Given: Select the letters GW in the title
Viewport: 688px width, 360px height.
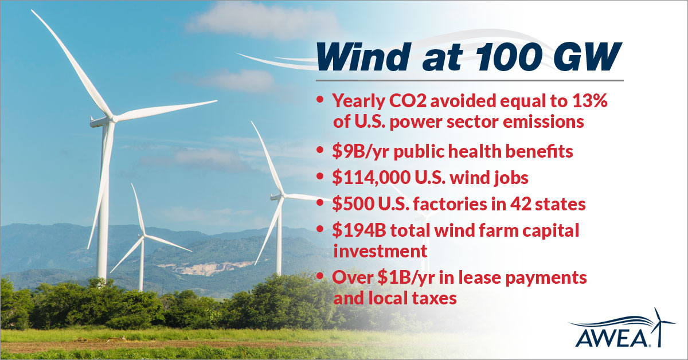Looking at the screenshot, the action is click(x=595, y=57).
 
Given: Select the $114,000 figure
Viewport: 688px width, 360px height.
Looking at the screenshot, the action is click(x=372, y=178).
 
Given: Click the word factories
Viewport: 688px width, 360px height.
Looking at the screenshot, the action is click(x=451, y=204).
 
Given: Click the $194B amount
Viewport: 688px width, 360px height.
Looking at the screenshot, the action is click(x=359, y=230).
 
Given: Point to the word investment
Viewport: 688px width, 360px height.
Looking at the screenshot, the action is click(x=380, y=251).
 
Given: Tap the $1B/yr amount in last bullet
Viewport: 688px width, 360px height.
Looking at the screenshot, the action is click(x=406, y=277).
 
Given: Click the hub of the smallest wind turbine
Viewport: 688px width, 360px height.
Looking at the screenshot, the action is click(x=142, y=236).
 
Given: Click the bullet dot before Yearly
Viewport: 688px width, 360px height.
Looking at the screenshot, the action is click(x=320, y=100).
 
